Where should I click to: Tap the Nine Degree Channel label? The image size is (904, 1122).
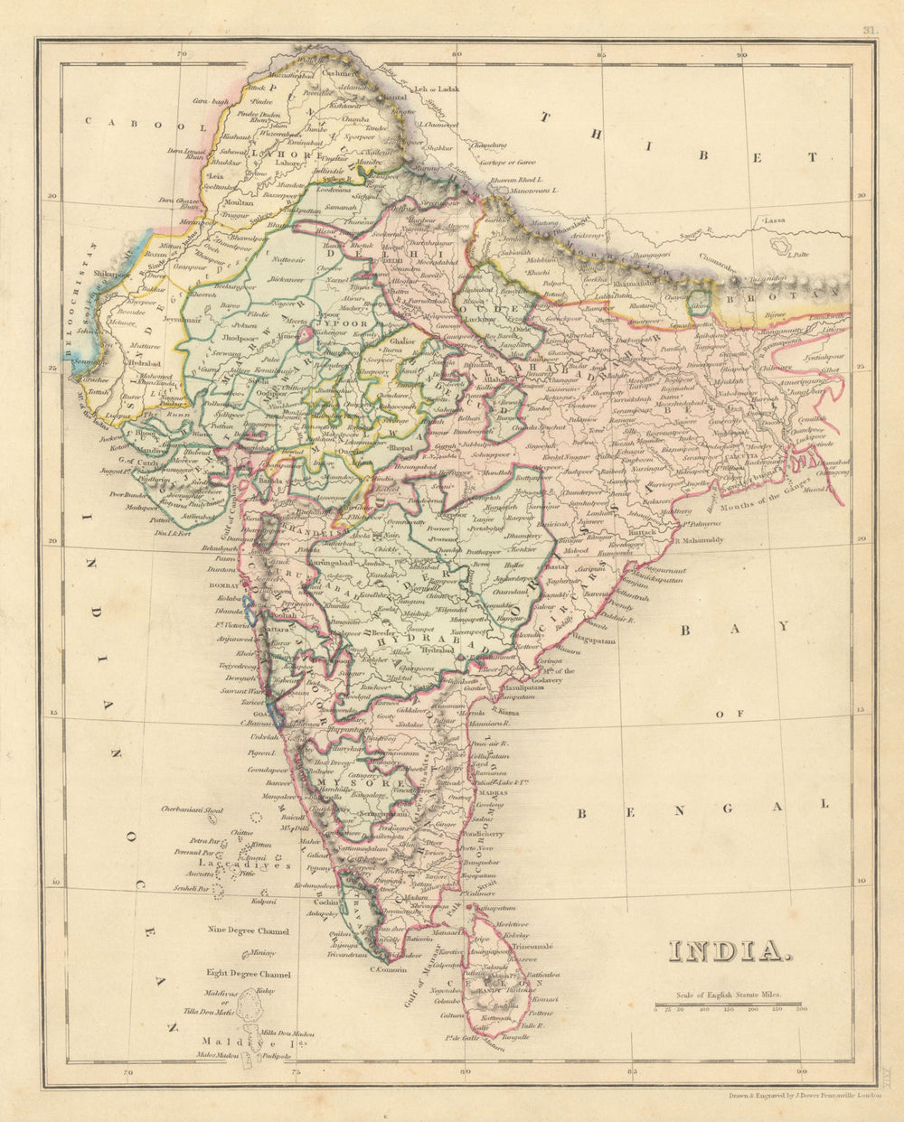point(248,930)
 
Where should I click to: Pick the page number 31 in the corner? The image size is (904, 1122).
point(869,29)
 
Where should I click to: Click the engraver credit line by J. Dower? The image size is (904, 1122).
point(803,1093)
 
